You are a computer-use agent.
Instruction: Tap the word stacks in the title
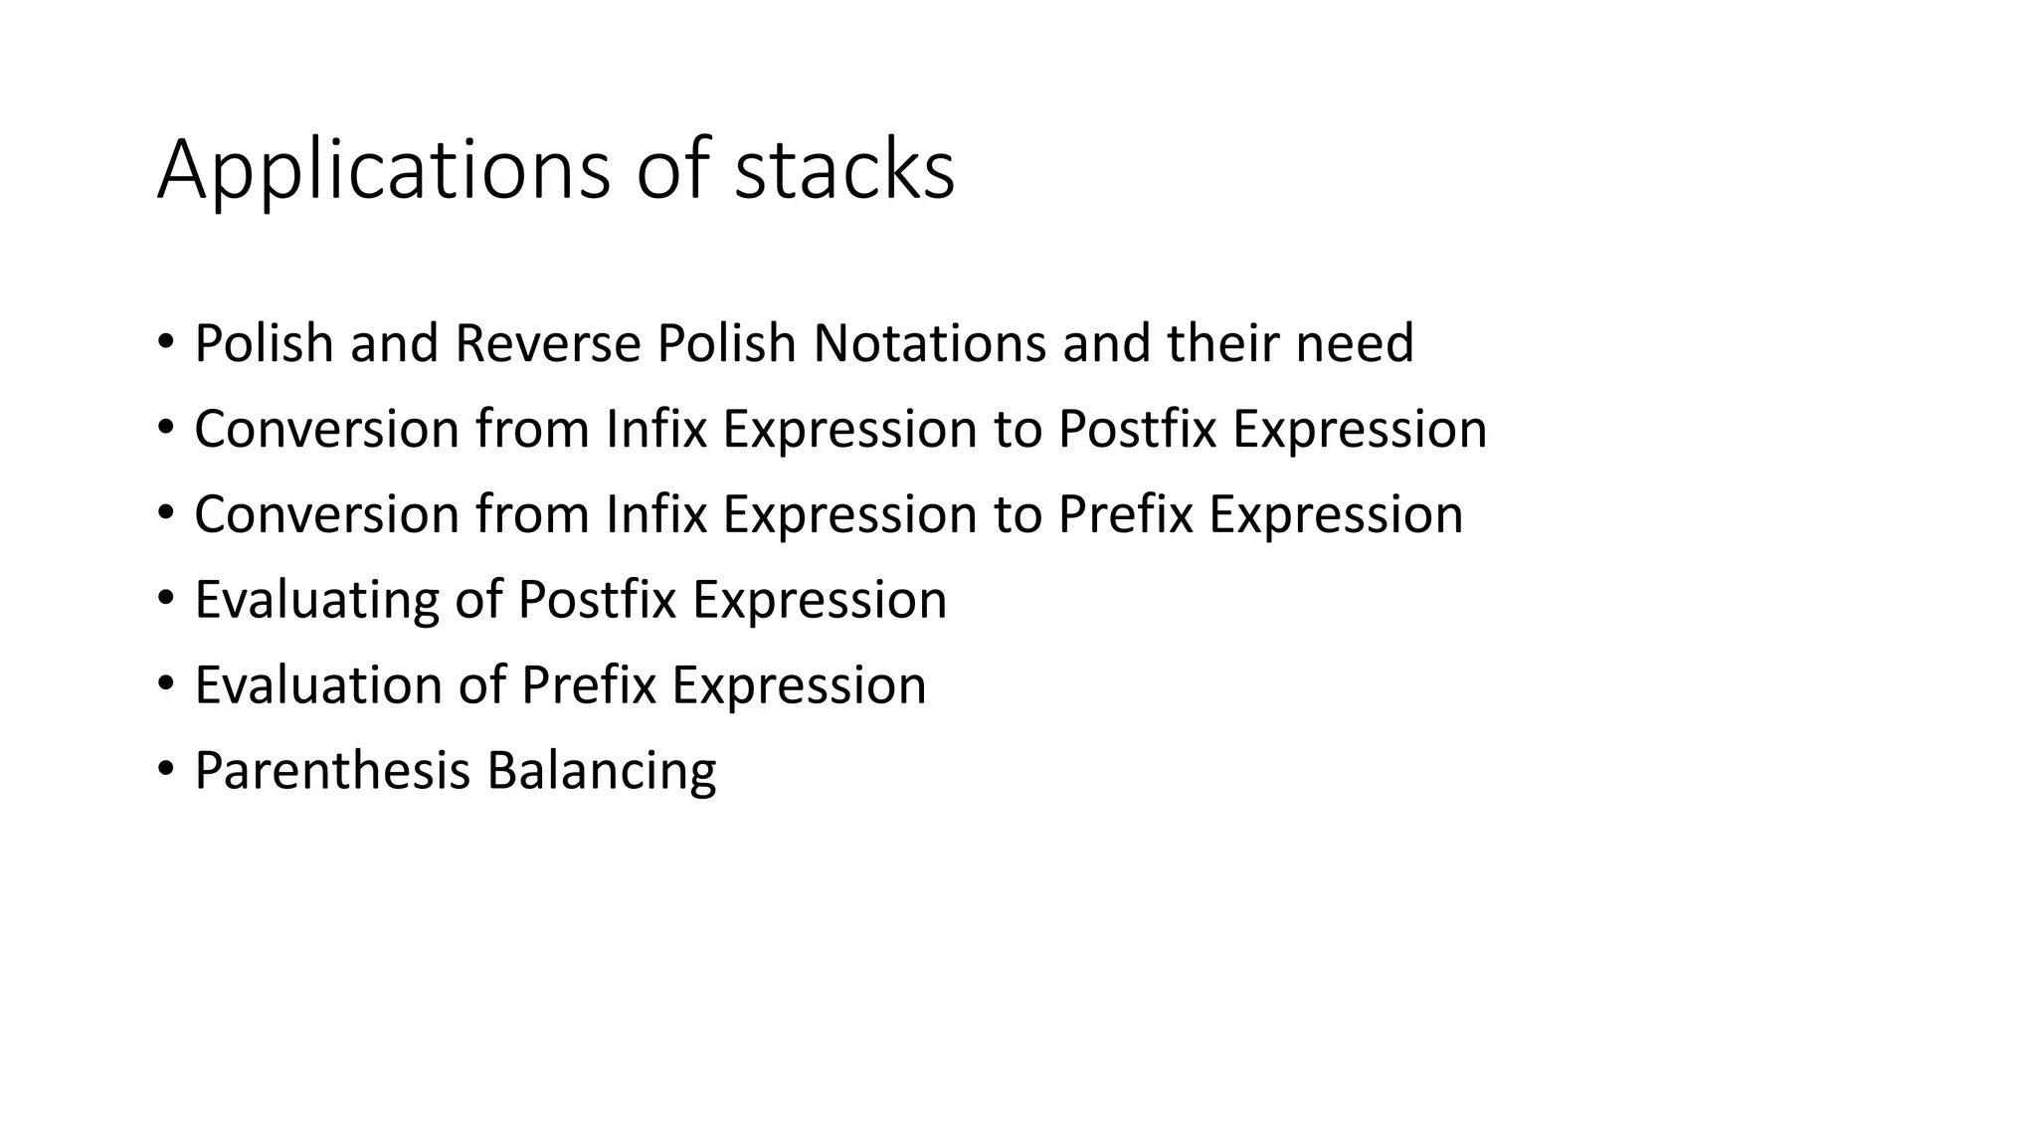[844, 171]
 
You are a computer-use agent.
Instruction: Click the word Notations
[929, 343]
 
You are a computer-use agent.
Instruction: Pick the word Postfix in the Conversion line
[1137, 429]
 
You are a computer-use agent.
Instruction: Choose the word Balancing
[602, 771]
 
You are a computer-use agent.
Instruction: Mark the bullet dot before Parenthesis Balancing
[165, 769]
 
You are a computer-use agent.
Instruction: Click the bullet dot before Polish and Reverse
[165, 341]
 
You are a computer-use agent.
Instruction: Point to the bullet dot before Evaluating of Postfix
[165, 598]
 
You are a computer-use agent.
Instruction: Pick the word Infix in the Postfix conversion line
[655, 429]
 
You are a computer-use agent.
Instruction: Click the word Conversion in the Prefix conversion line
[326, 514]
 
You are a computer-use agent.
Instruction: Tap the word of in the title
[671, 171]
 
